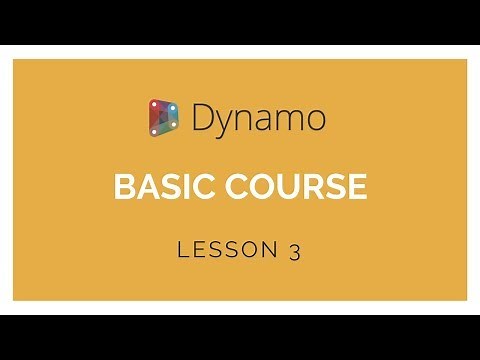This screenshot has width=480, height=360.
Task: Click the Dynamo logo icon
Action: tap(163, 118)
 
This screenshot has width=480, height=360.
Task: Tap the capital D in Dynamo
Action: tap(201, 118)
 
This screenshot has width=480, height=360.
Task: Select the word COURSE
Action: tap(298, 186)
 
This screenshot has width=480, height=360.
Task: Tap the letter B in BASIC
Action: tap(124, 186)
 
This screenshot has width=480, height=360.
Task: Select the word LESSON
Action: tap(222, 251)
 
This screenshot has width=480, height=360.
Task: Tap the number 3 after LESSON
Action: tap(295, 251)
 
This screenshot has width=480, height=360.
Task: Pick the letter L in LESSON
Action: tap(183, 251)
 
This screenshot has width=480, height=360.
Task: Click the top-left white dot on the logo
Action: tap(153, 104)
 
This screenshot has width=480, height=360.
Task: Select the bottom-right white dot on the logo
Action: tap(174, 129)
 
